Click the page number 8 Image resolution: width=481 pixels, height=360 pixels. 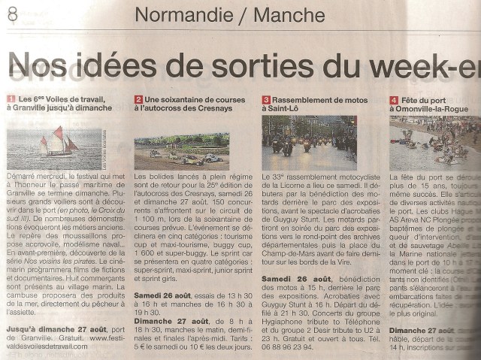(x=12, y=14)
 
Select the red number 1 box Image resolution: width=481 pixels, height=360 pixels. (x=11, y=99)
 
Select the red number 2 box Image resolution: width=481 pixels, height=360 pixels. (x=139, y=99)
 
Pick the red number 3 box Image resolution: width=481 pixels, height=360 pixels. (x=266, y=99)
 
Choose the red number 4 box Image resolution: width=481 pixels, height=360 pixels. (x=394, y=99)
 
